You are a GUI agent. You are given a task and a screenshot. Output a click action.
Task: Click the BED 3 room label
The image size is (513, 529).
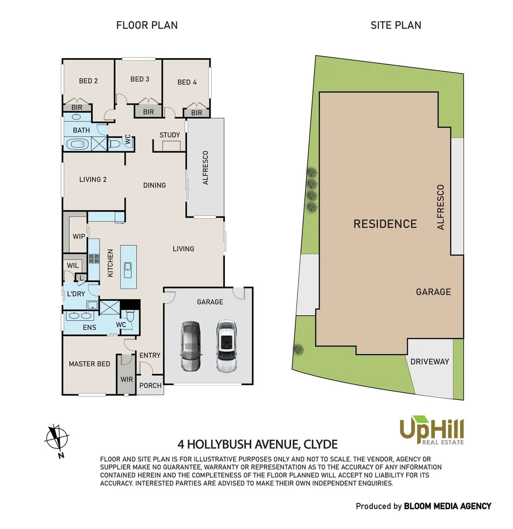point(140,79)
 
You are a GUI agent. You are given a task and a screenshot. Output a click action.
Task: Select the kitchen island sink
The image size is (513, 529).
point(127,267)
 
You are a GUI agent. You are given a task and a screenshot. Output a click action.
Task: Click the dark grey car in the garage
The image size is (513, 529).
point(191,346)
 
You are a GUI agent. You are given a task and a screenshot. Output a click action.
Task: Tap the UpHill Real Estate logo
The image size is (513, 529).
point(431,430)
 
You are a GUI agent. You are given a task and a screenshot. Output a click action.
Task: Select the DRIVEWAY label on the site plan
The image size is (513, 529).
point(430,361)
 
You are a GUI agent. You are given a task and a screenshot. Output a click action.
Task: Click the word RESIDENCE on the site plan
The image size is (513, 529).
point(385,224)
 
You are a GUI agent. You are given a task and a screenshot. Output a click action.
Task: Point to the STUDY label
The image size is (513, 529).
point(170,135)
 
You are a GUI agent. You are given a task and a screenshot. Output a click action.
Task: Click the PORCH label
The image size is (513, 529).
point(150,385)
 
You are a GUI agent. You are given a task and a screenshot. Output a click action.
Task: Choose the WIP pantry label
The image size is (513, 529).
point(79,237)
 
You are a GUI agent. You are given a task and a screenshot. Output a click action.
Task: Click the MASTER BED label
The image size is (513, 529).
point(89,364)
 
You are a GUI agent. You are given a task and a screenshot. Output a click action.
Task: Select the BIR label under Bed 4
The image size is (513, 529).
point(196,113)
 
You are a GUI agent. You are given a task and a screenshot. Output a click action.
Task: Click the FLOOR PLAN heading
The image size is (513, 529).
point(147,25)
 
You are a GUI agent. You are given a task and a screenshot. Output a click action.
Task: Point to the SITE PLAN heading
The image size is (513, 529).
point(395,25)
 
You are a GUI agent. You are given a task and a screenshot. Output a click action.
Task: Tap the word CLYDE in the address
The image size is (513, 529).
point(320,444)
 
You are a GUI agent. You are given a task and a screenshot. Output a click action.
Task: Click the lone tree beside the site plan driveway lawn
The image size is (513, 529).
point(298,349)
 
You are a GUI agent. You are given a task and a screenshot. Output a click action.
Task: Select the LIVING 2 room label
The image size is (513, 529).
point(93,179)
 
